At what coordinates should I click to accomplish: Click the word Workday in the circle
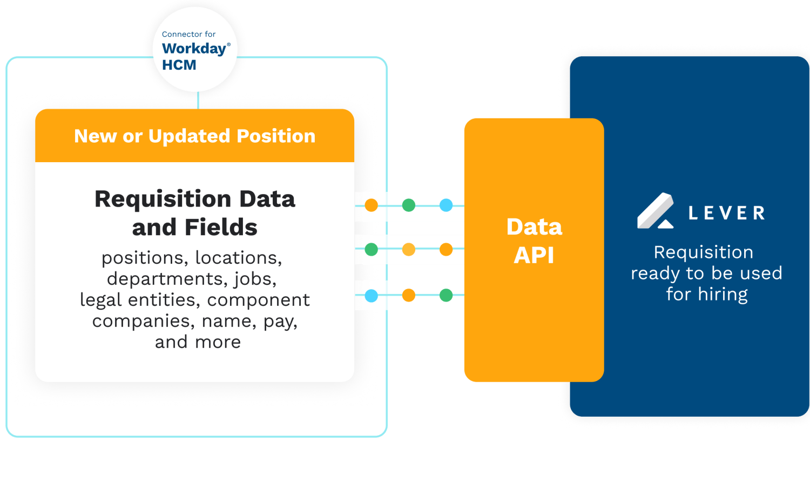[194, 49]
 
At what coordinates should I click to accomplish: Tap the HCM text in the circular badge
[179, 65]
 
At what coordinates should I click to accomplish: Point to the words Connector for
[188, 34]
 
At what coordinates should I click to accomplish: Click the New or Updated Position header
[194, 136]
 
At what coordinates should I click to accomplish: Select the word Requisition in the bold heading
[163, 199]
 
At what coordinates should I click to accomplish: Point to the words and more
[198, 342]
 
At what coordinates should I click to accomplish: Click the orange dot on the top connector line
[372, 205]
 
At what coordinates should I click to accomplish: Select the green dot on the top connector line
[409, 205]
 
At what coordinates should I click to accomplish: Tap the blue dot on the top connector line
[446, 205]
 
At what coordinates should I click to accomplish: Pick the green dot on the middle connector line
[372, 249]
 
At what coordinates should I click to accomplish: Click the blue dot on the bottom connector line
[372, 296]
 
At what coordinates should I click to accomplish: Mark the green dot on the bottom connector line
[446, 295]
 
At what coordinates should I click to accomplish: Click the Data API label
[534, 241]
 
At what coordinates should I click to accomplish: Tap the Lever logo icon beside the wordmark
[655, 211]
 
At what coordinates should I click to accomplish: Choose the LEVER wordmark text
[727, 213]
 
